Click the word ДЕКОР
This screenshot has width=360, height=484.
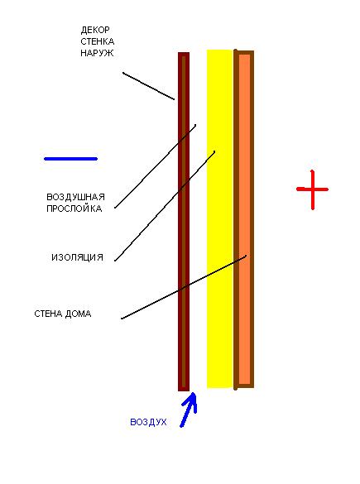(x=95, y=31)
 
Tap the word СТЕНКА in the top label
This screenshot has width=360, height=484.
(x=98, y=41)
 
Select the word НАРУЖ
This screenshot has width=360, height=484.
(x=97, y=53)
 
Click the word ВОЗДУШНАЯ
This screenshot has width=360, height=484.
(x=75, y=197)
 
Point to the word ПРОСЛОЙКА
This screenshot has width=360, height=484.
(x=74, y=208)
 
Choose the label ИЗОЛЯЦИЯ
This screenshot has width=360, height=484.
(x=77, y=257)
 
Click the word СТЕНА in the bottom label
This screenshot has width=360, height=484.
(x=48, y=314)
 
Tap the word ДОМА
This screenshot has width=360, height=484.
(x=78, y=314)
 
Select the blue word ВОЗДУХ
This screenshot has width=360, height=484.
(x=148, y=422)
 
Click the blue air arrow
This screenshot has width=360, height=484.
(x=189, y=410)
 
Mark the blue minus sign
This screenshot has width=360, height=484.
(x=70, y=159)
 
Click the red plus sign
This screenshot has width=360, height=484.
(x=313, y=189)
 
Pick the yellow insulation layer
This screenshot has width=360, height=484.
(x=219, y=218)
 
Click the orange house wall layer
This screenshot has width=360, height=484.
(x=244, y=219)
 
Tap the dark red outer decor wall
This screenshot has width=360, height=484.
(x=184, y=222)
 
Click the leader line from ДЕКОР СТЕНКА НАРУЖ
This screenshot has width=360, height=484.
(x=148, y=86)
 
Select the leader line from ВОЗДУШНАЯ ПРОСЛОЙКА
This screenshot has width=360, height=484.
(x=156, y=166)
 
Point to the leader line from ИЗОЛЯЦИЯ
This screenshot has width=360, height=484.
(x=165, y=206)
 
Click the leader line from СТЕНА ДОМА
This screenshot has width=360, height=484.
(x=184, y=287)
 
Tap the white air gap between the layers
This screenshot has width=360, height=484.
(x=198, y=219)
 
